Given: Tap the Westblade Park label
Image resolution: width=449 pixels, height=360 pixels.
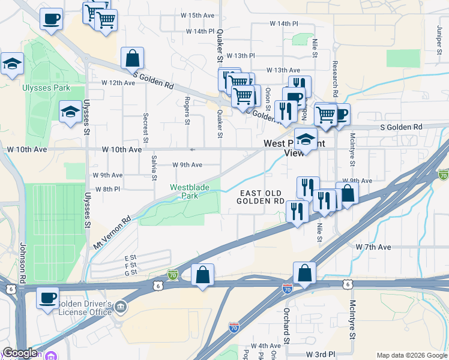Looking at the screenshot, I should click(190, 191).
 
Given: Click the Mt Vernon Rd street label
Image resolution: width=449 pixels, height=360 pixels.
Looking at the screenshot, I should click(113, 233).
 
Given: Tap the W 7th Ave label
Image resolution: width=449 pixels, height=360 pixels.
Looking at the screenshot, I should click(373, 247).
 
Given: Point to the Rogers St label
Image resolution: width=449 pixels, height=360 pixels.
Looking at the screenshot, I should click(187, 111).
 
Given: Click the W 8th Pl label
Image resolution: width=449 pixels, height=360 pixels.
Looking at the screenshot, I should click(107, 189).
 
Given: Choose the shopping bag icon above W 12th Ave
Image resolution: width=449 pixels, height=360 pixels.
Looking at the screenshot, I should click(132, 59).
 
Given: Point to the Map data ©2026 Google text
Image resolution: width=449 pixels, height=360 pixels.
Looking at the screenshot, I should click(411, 355).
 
